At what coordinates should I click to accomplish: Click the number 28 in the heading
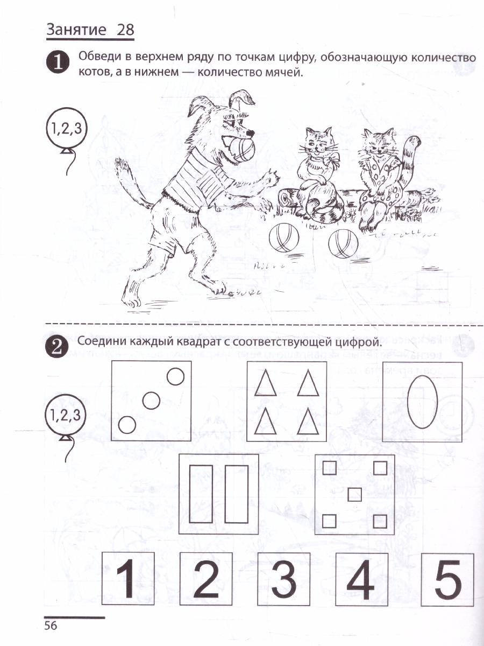(x=125, y=30)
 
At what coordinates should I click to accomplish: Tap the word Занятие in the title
(x=76, y=30)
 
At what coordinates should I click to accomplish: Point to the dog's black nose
(x=250, y=133)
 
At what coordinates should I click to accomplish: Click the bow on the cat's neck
(x=331, y=160)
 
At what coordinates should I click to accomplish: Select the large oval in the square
(x=422, y=402)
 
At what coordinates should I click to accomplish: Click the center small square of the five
(x=354, y=494)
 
